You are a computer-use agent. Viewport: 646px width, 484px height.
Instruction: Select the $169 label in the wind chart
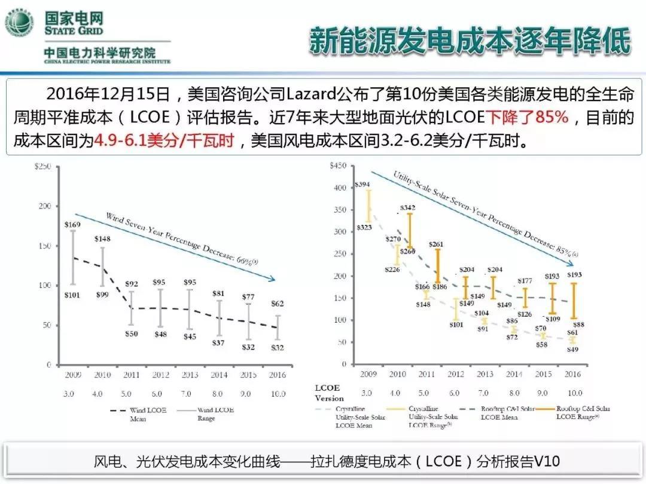pyautogui.click(x=72, y=225)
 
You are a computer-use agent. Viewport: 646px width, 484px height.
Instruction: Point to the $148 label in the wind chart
pyautogui.click(x=102, y=240)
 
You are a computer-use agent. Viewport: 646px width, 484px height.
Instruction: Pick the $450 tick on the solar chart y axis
pyautogui.click(x=338, y=166)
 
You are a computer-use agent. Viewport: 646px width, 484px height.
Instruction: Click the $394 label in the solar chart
pyautogui.click(x=362, y=185)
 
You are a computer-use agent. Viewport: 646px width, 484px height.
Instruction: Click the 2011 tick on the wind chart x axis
pyautogui.click(x=131, y=375)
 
